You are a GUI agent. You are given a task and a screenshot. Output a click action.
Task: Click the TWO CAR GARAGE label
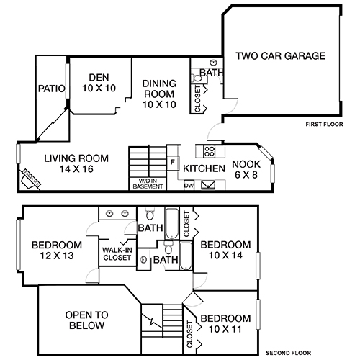[x=281, y=55]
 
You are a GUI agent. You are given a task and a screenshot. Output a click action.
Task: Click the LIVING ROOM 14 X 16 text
[x=76, y=163]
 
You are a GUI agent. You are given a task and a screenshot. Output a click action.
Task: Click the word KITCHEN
[x=204, y=168]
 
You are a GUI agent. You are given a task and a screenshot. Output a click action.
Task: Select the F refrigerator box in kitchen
[x=173, y=162]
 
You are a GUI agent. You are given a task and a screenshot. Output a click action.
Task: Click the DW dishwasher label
[x=189, y=185]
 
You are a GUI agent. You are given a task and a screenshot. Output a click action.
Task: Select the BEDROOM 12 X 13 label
[x=56, y=249]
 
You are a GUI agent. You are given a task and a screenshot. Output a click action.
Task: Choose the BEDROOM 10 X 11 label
[x=225, y=323]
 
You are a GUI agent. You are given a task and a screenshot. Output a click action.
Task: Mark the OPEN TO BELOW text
[x=85, y=320]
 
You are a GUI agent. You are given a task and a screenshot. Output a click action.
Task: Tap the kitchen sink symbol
[x=209, y=185]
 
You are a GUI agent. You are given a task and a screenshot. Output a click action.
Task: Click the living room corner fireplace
[x=30, y=177]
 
